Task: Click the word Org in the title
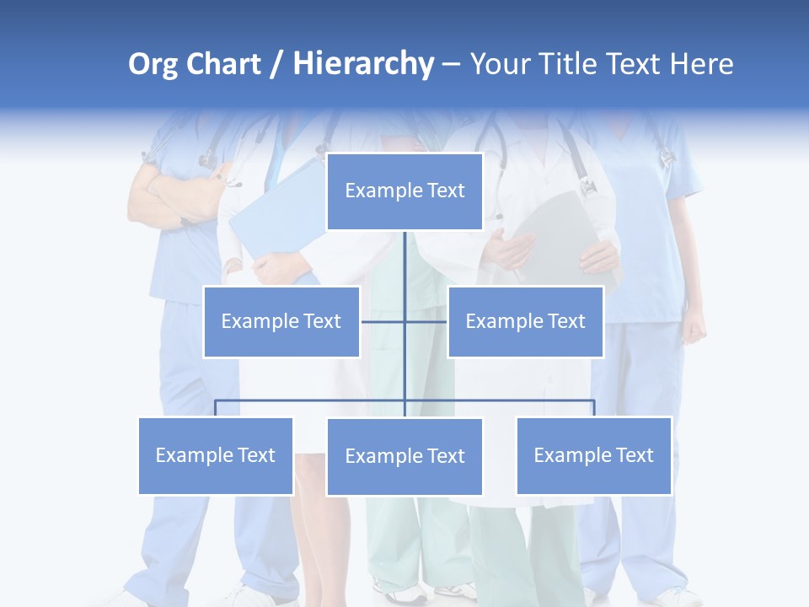153,64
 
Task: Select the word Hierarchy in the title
363,64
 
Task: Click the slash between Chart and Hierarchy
277,65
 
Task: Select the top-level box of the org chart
404,191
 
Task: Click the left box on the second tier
281,321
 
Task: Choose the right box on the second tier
525,321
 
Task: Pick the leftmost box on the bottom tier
216,455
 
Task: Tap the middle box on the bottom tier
404,456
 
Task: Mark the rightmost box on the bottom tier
593,455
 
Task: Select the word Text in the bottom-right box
634,455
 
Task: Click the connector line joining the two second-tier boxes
426,321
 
